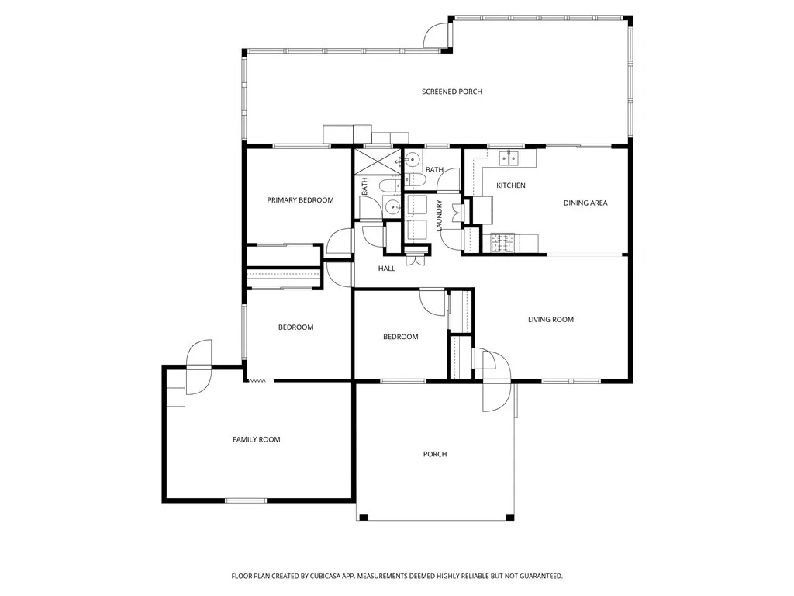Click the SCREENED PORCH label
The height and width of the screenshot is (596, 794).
451,92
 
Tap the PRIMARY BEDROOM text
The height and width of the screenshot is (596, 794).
300,200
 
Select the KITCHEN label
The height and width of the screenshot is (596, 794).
511,185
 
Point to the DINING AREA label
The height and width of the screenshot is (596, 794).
585,203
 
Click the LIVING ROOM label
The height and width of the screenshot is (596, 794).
551,320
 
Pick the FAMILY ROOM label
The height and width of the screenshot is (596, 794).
256,440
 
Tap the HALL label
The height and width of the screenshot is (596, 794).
386,269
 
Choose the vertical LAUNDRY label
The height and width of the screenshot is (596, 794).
439,216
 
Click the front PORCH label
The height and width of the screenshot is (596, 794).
435,454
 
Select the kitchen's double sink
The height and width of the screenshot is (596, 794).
508,158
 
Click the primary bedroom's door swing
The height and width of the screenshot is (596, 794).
340,243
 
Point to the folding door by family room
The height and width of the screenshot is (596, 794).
257,380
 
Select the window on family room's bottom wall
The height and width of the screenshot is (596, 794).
246,500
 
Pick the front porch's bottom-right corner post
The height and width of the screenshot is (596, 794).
509,517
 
